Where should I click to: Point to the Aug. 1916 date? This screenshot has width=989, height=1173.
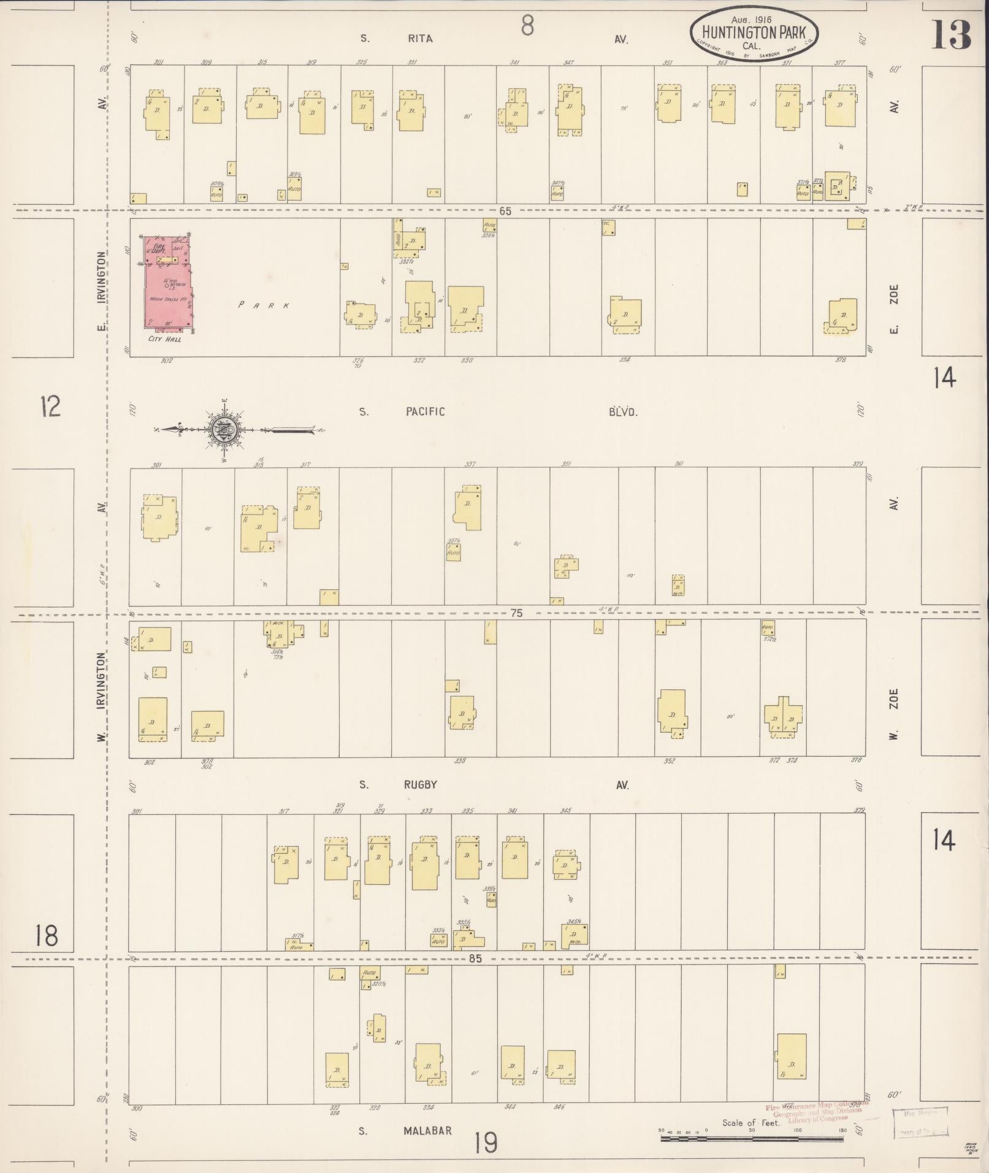click(x=752, y=20)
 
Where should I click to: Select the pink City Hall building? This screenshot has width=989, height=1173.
click(x=167, y=282)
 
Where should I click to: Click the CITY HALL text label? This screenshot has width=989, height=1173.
click(x=164, y=338)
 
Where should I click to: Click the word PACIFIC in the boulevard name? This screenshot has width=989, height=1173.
click(x=424, y=412)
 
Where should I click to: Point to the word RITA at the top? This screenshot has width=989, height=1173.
click(x=420, y=39)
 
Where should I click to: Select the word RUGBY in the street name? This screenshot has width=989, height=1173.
click(x=420, y=785)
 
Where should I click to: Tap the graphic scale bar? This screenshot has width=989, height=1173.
click(x=752, y=1139)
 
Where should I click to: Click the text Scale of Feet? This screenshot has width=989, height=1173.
click(x=750, y=1123)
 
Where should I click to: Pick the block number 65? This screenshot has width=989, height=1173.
click(x=505, y=211)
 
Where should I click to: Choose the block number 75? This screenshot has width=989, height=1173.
click(x=516, y=613)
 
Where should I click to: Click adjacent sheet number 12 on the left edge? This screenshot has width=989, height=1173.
click(x=50, y=406)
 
